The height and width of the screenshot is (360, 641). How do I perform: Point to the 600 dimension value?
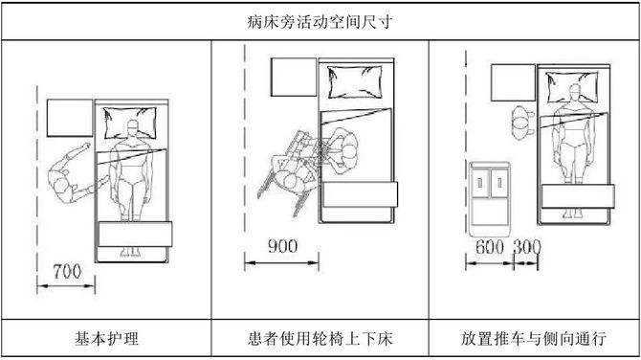pos(489,246)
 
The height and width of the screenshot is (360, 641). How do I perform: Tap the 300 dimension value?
pos(526,246)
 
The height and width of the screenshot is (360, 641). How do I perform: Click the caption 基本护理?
pos(105,339)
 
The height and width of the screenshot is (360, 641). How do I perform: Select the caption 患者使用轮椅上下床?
pos(320,339)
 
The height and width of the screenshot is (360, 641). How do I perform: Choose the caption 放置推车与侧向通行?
pos(534,339)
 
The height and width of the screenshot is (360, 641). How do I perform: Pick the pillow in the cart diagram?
pos(574,88)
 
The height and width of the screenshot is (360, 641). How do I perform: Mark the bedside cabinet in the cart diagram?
pos(518,82)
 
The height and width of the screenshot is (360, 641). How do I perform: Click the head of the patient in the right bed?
pos(574,96)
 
